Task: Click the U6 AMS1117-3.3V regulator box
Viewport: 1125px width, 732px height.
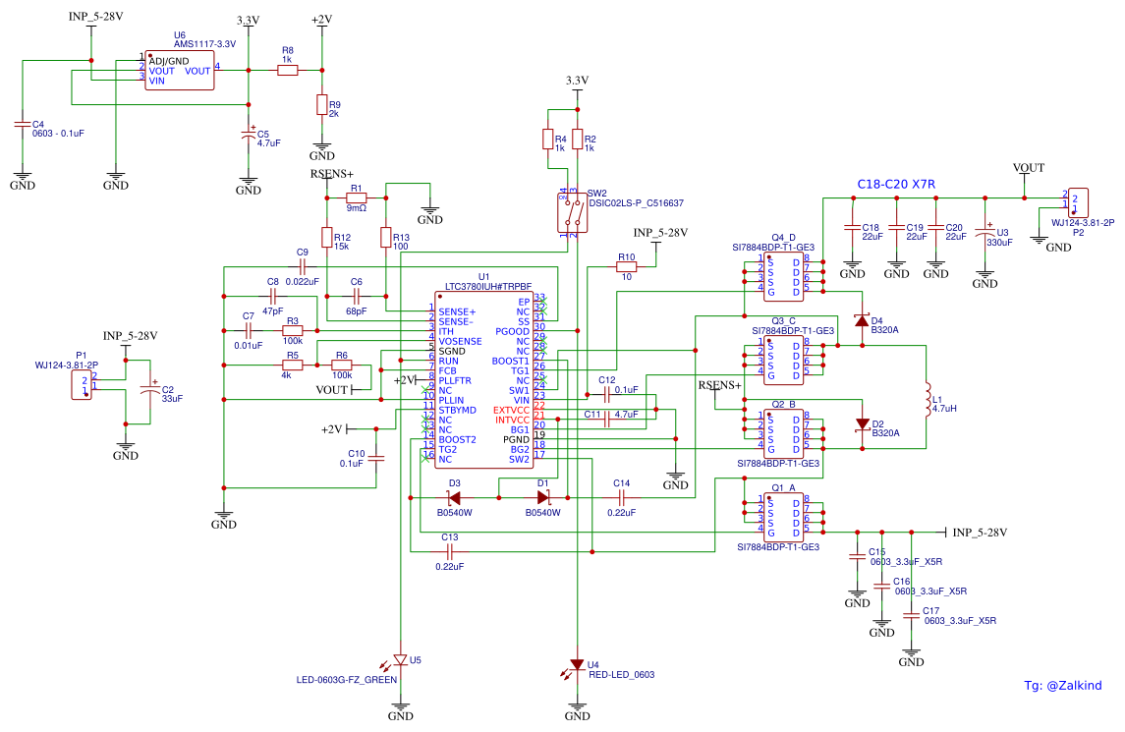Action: [180, 71]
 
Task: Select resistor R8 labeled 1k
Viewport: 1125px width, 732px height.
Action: [287, 70]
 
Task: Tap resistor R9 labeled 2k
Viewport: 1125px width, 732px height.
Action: [321, 105]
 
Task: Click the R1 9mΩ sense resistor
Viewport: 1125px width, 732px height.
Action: [356, 197]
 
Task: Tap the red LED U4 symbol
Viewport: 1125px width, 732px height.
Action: [578, 664]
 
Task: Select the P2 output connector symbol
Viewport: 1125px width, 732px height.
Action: [1076, 203]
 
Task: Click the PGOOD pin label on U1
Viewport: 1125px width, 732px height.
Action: [512, 331]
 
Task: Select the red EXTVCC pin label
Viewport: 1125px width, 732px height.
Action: [511, 410]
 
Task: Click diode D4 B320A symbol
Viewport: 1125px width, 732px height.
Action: [862, 320]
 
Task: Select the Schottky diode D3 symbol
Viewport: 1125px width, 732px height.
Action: [454, 497]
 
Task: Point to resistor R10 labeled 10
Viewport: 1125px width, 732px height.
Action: [626, 267]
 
